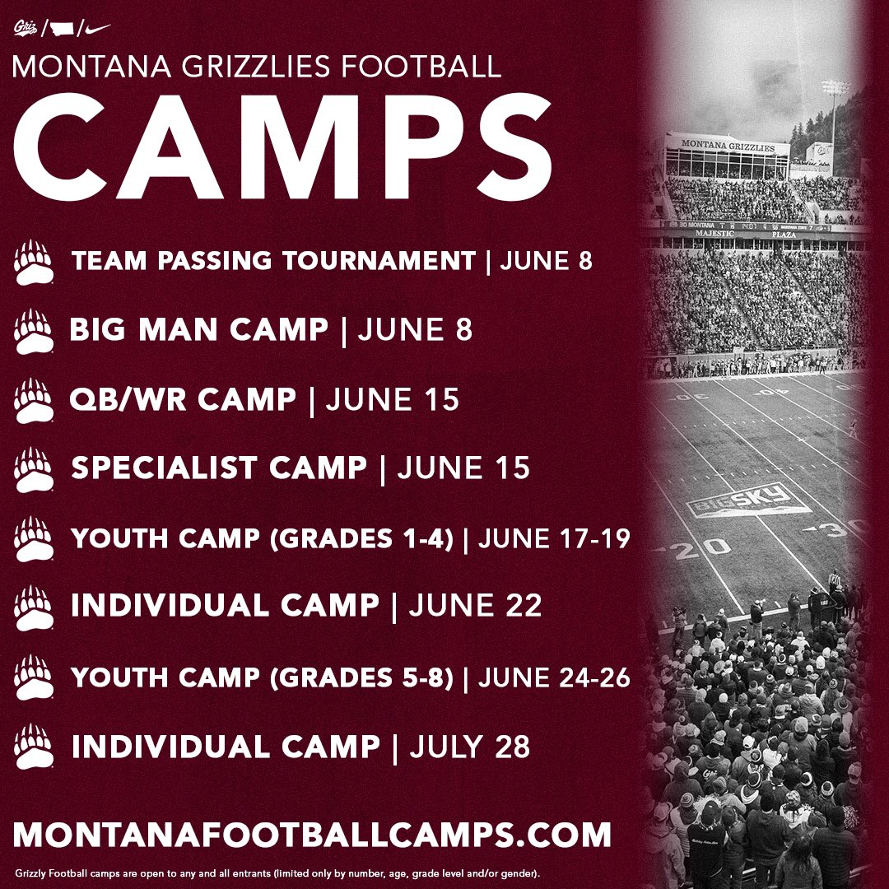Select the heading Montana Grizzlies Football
[257, 67]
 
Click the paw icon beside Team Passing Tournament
[34, 261]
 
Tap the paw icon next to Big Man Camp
[34, 330]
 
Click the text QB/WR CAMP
[183, 399]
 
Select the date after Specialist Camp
[464, 468]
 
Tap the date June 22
[476, 607]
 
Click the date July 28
[470, 747]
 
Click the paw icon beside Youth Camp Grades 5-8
[34, 677]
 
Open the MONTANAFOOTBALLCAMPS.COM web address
[313, 833]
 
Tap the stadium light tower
[835, 115]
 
